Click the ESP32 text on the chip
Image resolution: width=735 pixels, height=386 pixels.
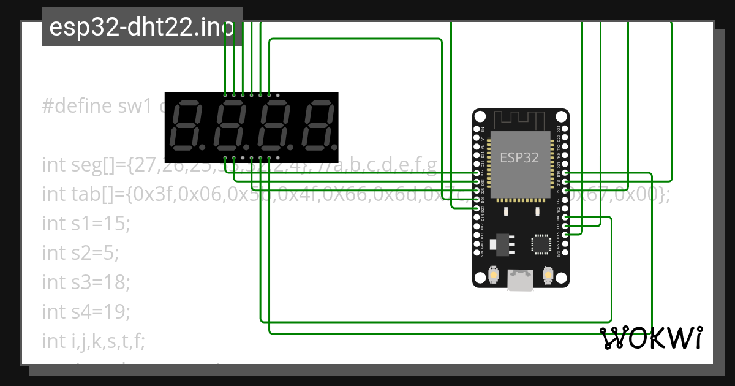(519, 157)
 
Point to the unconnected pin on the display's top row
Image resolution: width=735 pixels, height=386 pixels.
(278, 96)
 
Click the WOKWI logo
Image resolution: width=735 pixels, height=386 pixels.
(651, 338)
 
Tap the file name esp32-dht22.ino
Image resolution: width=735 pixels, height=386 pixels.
(141, 28)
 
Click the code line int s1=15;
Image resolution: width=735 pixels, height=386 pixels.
(86, 224)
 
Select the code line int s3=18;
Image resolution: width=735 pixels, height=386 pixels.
(86, 282)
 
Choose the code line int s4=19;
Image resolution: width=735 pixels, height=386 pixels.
(86, 311)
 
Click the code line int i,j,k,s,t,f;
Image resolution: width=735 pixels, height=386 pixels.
(94, 341)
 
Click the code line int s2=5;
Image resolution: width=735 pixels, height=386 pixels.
(81, 252)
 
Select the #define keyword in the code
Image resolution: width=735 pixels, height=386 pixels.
(76, 106)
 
